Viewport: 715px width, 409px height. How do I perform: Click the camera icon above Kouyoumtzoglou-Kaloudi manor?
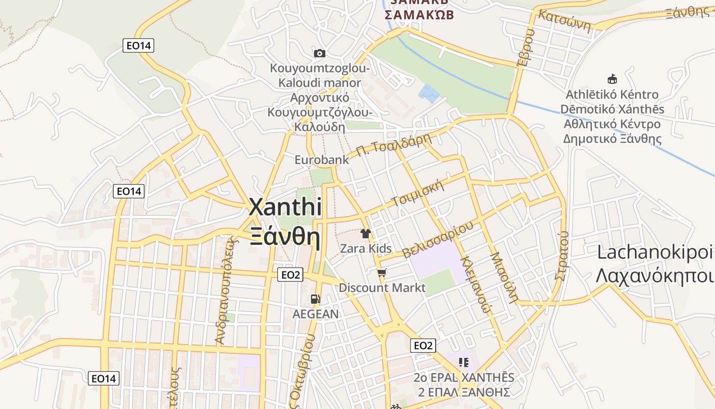(320, 53)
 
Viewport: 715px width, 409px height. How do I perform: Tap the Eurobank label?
(322, 160)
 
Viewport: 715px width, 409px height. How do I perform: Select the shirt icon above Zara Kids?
(366, 234)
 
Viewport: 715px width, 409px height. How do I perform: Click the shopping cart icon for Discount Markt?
(382, 273)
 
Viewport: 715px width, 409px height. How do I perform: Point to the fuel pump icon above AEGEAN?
(315, 299)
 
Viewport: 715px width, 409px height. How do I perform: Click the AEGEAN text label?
(315, 314)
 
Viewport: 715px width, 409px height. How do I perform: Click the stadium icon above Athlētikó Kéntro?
(612, 79)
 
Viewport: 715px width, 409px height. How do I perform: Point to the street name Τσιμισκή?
(417, 193)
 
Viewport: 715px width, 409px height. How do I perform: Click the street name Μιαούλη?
(505, 277)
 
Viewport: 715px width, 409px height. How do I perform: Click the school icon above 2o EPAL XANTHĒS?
(464, 362)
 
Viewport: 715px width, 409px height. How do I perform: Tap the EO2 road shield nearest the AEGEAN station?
(291, 275)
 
